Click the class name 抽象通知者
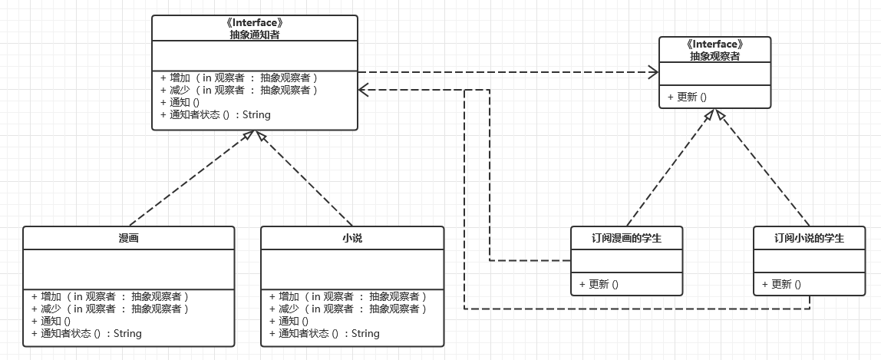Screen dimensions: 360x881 coord(254,34)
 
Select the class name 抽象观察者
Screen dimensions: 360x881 coord(714,56)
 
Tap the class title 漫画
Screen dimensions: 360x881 coord(128,239)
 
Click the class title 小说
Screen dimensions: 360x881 coord(352,239)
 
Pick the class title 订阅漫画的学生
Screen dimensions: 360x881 coord(626,239)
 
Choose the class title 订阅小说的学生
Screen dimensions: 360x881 coord(809,239)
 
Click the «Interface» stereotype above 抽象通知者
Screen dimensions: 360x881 coord(254,23)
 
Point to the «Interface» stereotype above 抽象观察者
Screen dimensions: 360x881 coord(714,45)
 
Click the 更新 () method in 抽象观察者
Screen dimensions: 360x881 coord(687,97)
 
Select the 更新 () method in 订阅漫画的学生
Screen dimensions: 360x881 coord(599,284)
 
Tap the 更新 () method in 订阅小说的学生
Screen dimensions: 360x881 coord(781,284)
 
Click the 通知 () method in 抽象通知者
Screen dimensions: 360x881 coord(180,103)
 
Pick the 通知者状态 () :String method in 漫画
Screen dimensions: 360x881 coord(86,334)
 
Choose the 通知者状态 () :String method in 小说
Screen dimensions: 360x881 coord(325,334)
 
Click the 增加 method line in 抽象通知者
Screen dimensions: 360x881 coord(238,78)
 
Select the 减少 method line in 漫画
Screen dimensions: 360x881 coord(110,309)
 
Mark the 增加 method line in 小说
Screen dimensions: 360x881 coord(348,296)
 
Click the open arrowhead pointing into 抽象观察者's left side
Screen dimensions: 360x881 coord(653,73)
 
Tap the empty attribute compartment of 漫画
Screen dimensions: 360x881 coord(128,269)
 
